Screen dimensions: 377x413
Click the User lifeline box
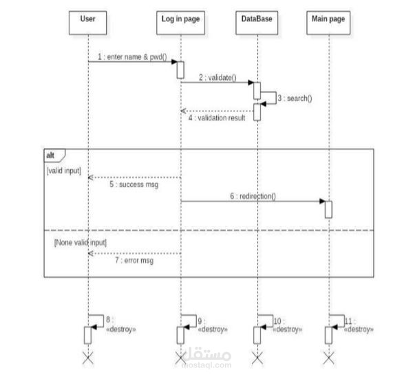(87, 19)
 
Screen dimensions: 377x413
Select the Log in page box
(180, 19)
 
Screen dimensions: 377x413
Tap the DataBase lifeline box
(257, 19)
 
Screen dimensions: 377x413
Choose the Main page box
(329, 19)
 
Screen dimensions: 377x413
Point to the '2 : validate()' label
(218, 78)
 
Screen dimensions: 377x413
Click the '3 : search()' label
(295, 98)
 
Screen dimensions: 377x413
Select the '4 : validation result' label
(217, 118)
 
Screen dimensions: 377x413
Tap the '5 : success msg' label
(134, 184)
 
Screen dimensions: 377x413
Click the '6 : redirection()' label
(253, 195)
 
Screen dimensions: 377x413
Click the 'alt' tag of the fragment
(52, 155)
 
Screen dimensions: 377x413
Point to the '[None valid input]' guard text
(80, 242)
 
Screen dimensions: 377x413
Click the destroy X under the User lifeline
(87, 356)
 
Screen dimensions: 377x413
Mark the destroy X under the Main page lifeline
(329, 356)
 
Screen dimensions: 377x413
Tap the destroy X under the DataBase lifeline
(257, 356)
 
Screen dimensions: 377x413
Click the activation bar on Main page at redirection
(329, 208)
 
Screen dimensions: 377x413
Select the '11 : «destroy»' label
(358, 325)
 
